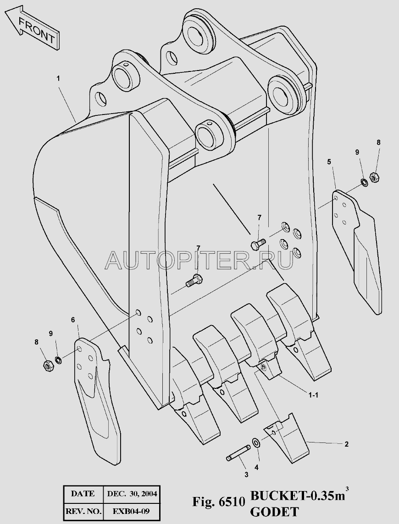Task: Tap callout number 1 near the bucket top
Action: point(58,78)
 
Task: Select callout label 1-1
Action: point(313,395)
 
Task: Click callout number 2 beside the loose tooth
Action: point(346,444)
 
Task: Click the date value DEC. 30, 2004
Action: point(132,494)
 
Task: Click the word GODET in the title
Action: point(274,512)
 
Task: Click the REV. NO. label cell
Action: point(83,511)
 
